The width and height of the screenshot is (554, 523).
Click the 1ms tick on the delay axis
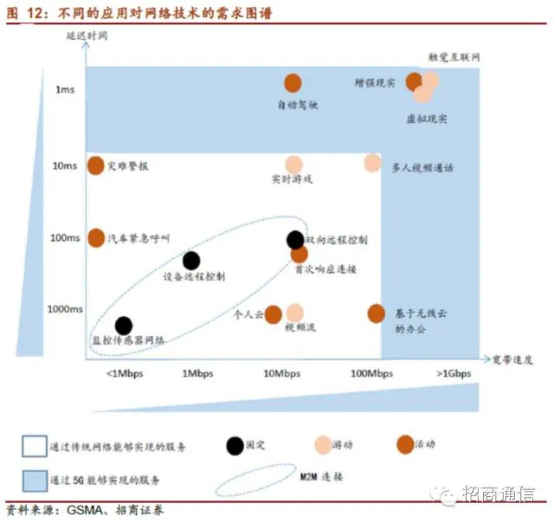(67, 89)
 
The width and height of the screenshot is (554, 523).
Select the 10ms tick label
(64, 165)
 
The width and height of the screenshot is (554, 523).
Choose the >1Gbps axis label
(454, 374)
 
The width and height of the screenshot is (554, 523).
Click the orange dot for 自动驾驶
(293, 83)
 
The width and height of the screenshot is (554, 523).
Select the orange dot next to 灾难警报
(96, 165)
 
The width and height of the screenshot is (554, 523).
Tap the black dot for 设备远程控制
(191, 260)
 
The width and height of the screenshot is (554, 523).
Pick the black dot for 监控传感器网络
(124, 325)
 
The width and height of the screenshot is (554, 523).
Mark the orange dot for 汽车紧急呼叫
(96, 237)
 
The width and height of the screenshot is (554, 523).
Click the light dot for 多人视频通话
(372, 163)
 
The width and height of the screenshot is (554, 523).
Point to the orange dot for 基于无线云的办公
(376, 313)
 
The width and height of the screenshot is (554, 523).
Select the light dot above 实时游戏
(294, 164)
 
